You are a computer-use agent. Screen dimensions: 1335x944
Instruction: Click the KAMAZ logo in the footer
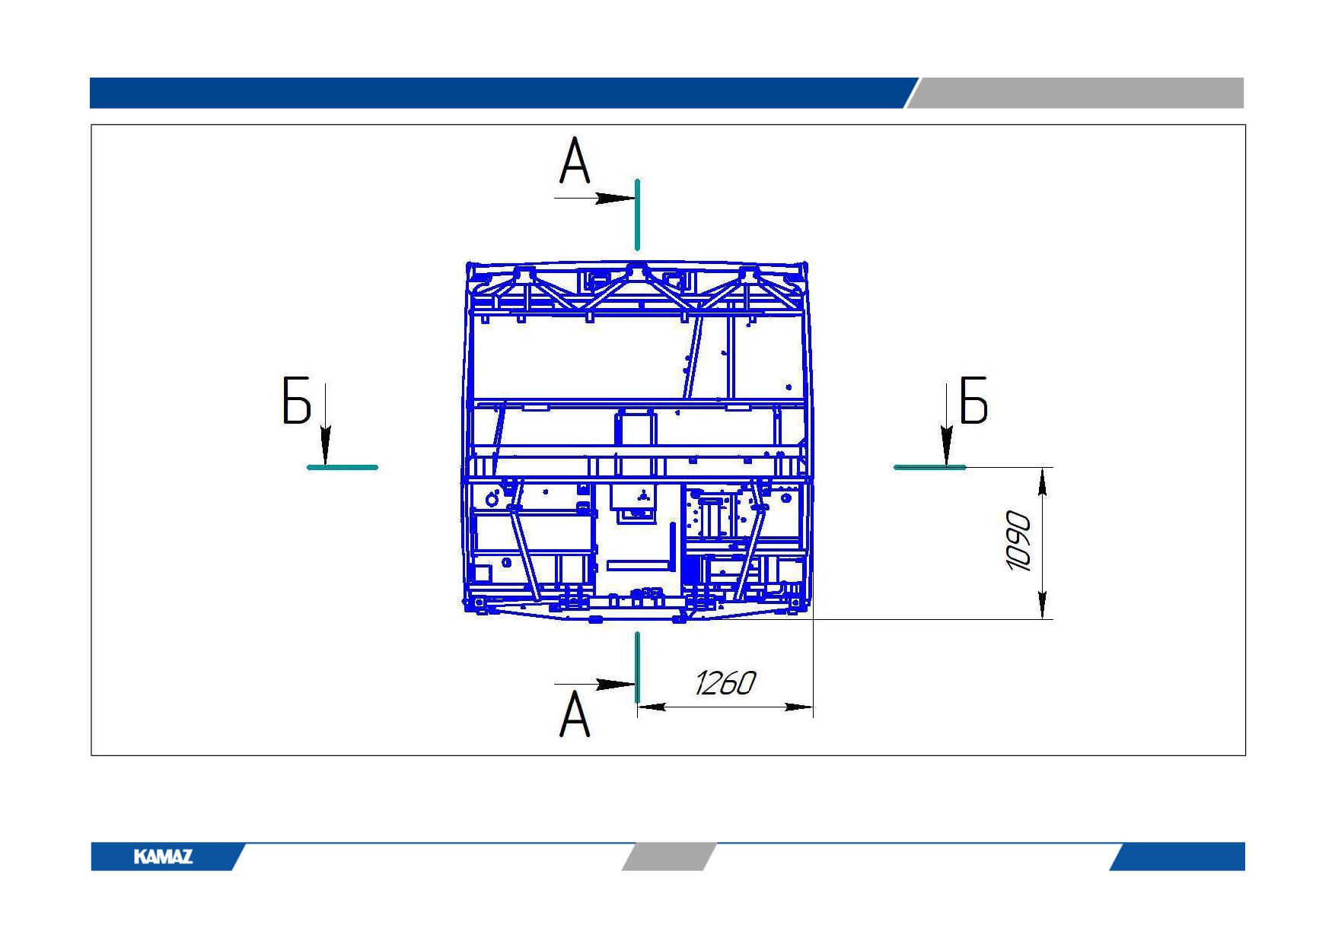pyautogui.click(x=163, y=857)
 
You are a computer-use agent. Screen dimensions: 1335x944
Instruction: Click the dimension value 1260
pyautogui.click(x=725, y=683)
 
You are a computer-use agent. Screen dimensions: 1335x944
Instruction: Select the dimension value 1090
pyautogui.click(x=1019, y=542)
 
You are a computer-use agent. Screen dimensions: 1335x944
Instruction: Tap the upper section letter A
pyautogui.click(x=575, y=161)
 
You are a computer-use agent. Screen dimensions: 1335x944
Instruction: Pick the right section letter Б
pyautogui.click(x=973, y=400)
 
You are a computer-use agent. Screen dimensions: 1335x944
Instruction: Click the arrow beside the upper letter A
pyautogui.click(x=594, y=199)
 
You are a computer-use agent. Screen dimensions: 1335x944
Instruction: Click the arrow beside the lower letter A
pyautogui.click(x=594, y=685)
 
